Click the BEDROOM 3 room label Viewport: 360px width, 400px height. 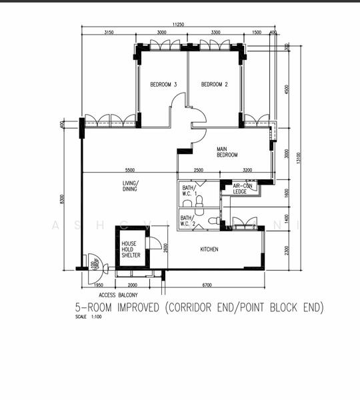163,85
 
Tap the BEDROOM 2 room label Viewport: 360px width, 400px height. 215,85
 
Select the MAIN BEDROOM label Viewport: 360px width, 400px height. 227,152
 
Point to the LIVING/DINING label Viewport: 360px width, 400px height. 129,186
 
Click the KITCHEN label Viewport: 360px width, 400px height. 209,249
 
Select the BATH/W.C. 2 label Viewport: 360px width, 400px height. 189,220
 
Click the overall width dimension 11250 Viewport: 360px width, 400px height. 177,24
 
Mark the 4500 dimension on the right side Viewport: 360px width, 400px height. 287,90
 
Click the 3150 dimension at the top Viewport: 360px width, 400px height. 109,33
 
